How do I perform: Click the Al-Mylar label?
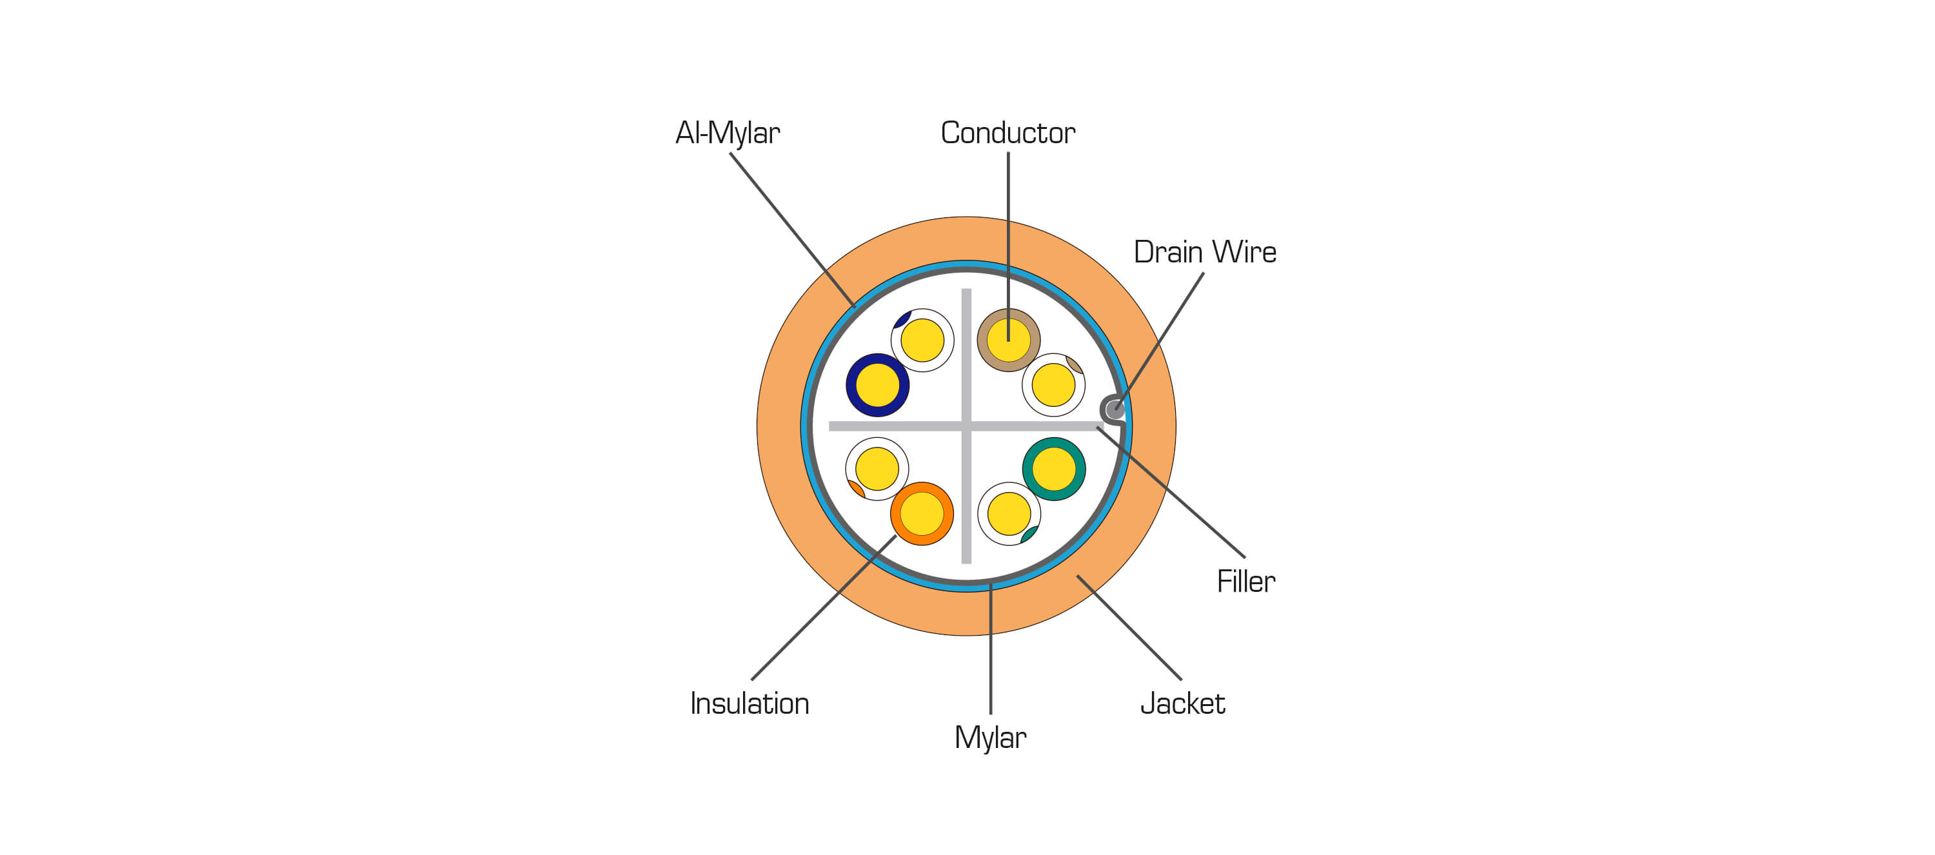[727, 133]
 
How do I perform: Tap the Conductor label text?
[1007, 133]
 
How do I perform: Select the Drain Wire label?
[1204, 252]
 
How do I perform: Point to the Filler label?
[1245, 582]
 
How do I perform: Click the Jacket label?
[1182, 704]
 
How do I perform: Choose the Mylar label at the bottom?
[990, 738]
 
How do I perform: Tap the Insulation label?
[749, 704]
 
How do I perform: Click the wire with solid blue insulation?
[877, 385]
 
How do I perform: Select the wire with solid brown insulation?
[1008, 340]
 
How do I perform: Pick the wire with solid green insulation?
[1053, 469]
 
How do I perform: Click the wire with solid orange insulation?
[922, 514]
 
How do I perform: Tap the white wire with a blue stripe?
[922, 340]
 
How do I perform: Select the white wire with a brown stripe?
[1053, 385]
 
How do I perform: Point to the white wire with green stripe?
[1009, 514]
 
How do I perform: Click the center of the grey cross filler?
[966, 426]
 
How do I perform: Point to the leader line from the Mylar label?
[990, 649]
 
